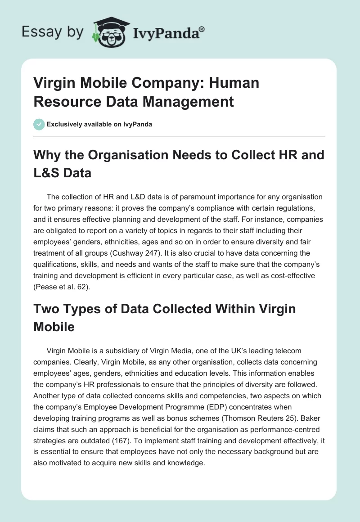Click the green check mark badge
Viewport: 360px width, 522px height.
click(39, 124)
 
